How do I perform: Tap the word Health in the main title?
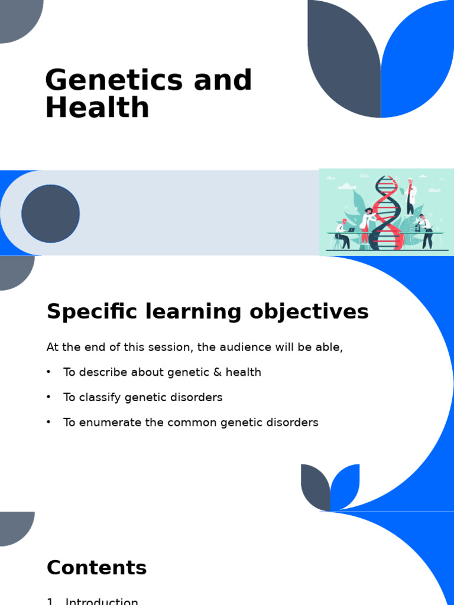97,109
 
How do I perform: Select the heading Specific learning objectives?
207,311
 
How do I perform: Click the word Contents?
96,568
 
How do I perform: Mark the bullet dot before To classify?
49,398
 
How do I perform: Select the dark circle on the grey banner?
51,213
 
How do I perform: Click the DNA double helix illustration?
387,213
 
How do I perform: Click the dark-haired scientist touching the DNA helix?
368,225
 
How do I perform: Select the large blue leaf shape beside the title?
417,56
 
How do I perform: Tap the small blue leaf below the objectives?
346,484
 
